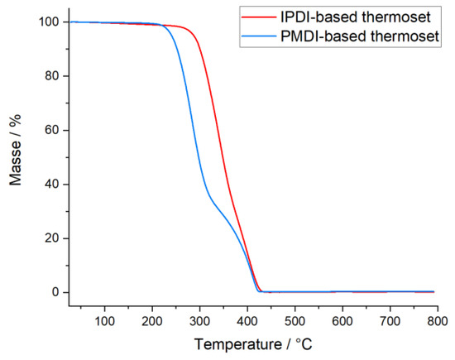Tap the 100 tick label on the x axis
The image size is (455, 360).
point(105,318)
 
